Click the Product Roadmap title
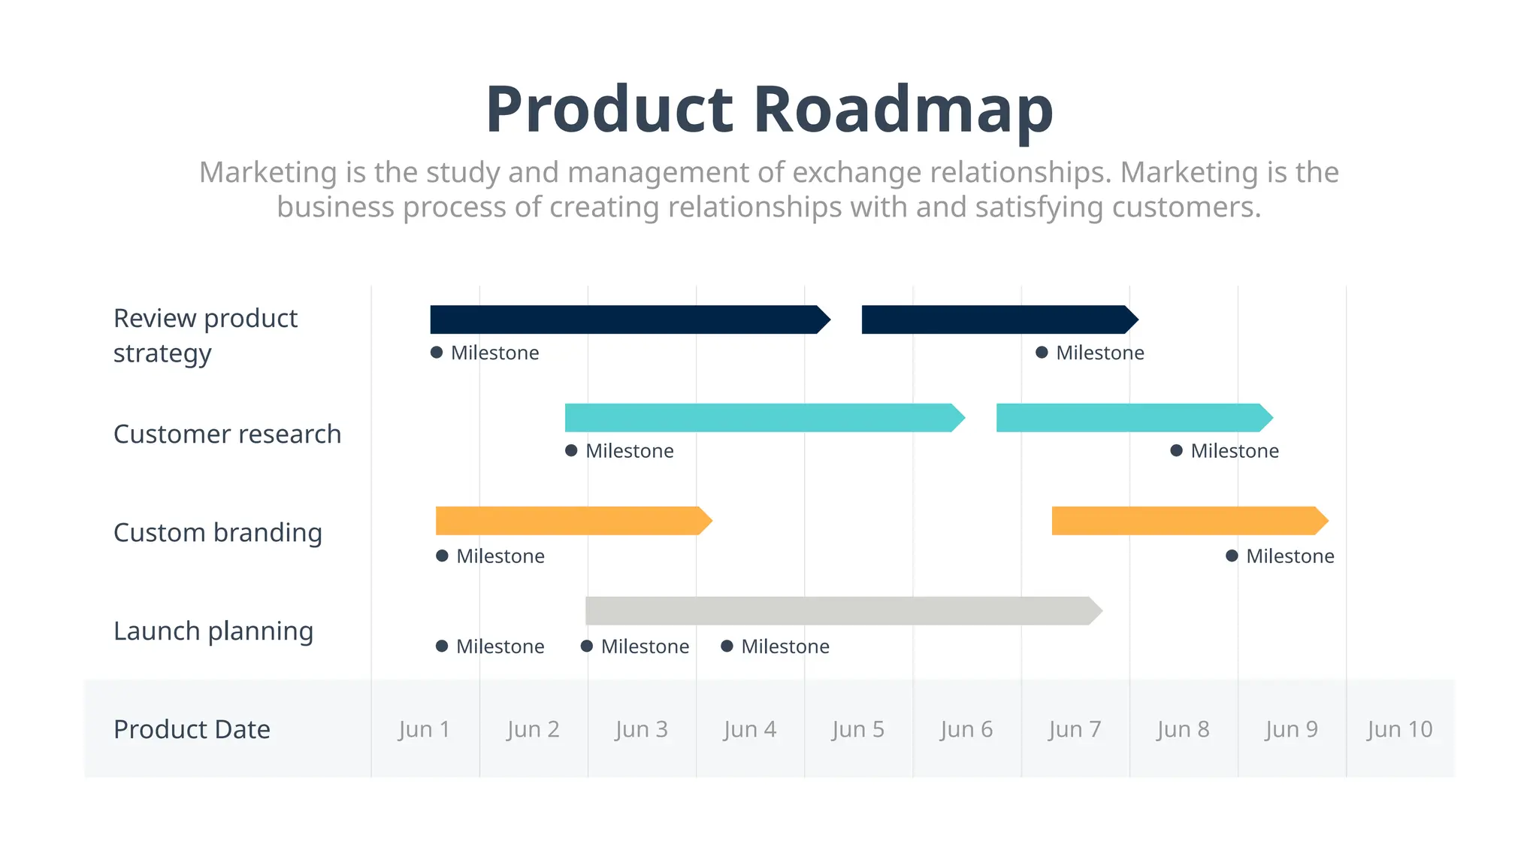click(769, 110)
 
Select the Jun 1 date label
click(425, 729)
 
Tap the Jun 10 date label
click(1399, 729)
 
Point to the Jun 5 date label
click(857, 729)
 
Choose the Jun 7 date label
click(1075, 729)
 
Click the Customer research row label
click(227, 434)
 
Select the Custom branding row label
click(218, 532)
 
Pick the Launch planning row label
click(213, 631)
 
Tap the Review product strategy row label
click(205, 335)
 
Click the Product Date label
click(192, 729)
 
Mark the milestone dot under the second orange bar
click(1232, 556)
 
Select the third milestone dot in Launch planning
click(727, 646)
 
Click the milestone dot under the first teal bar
click(571, 451)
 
